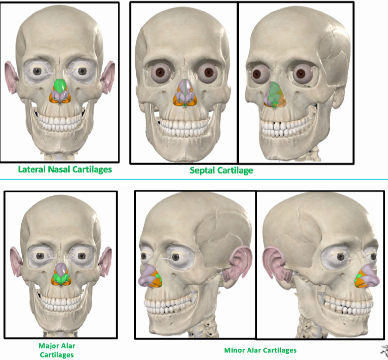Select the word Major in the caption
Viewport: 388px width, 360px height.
(47, 346)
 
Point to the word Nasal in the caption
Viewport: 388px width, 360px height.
(59, 169)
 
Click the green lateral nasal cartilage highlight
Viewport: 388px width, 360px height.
(60, 86)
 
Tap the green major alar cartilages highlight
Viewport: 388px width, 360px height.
(60, 280)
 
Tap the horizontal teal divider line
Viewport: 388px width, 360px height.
(194, 179)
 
